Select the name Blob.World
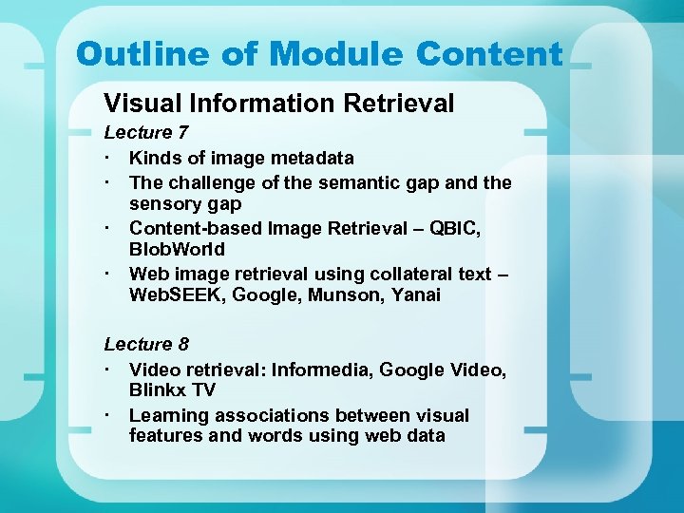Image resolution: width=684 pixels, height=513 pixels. [177, 250]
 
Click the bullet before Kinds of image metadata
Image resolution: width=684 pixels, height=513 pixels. [110, 158]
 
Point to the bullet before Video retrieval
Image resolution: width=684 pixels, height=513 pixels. [110, 369]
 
